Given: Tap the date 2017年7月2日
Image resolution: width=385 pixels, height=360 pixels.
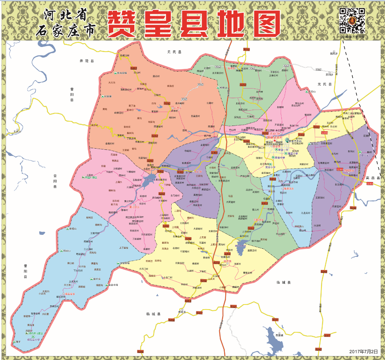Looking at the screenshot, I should [363, 351].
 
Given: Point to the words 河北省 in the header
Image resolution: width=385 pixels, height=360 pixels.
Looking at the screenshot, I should [65, 15].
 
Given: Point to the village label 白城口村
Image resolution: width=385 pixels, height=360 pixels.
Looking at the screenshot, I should [126, 56].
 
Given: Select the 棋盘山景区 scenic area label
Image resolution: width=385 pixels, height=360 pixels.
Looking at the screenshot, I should [91, 177].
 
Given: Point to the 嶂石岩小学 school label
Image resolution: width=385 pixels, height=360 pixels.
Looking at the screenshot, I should [36, 339].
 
